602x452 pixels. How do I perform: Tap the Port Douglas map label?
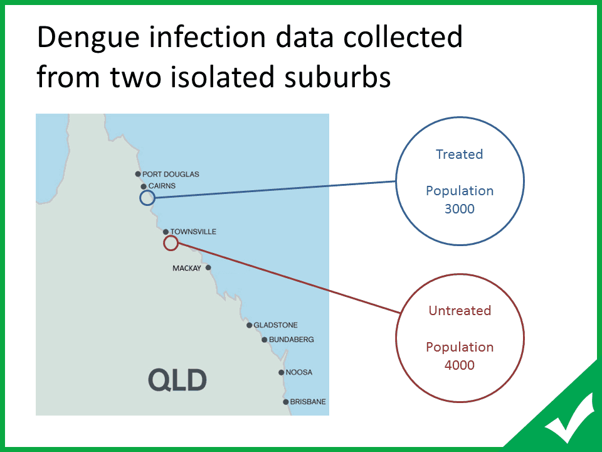(171, 174)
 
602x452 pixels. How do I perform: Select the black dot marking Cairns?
(144, 186)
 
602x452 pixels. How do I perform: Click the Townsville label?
(193, 232)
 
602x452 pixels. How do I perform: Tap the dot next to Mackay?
(208, 267)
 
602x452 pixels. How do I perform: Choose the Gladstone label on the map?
(276, 325)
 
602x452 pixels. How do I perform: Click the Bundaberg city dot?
(264, 340)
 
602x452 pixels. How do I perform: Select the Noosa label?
(299, 372)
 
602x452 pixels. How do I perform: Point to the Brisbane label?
(308, 402)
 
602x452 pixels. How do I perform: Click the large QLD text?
(177, 380)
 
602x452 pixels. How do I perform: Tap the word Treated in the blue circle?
(460, 154)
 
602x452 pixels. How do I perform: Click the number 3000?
(460, 208)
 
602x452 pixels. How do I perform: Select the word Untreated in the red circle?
(460, 310)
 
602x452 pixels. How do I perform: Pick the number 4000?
(460, 365)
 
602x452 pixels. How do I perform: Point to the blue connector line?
(276, 190)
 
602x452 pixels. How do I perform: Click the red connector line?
(290, 277)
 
